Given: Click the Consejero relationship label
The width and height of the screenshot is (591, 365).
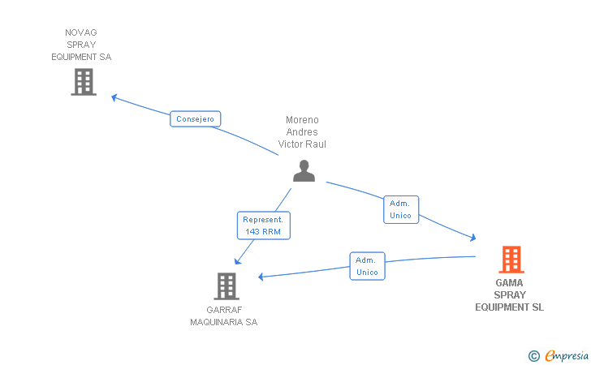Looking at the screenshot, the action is (195, 119).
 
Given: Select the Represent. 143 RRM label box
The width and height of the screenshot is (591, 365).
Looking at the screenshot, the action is (264, 225).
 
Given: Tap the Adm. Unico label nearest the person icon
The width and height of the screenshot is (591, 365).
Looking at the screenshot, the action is (401, 209).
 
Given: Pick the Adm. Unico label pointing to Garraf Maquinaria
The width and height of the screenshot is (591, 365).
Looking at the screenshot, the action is (367, 266).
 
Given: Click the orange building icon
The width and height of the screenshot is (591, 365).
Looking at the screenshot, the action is (511, 260).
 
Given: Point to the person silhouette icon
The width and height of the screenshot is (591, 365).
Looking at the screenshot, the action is (304, 170).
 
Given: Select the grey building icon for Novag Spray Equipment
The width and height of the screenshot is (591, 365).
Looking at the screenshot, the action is (84, 82).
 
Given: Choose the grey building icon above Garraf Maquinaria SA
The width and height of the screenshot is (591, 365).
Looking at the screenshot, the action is (226, 286).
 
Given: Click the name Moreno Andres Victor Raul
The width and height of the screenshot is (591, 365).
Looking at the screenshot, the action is (302, 132).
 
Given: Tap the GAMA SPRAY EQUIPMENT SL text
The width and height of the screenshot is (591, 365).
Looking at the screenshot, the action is (509, 295).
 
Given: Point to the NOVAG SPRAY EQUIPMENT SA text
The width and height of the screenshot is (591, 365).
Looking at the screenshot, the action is (81, 45).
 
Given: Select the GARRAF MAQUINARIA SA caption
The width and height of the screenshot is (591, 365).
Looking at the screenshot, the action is (224, 316).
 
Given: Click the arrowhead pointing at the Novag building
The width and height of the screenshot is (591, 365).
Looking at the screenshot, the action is (114, 98).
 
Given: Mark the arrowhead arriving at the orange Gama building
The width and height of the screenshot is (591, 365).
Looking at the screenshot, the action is (473, 238).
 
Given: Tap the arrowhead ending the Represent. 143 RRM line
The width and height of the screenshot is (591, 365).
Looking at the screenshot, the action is (237, 261).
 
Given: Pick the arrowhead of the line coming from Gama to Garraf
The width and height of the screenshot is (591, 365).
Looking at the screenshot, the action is (261, 277).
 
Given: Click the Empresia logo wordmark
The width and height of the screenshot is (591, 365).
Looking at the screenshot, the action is (567, 355).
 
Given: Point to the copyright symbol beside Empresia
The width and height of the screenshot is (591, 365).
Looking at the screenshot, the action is (534, 356).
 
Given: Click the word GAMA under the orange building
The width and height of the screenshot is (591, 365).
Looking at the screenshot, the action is (509, 283).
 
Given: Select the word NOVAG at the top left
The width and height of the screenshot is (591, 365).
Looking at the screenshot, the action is (81, 32).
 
